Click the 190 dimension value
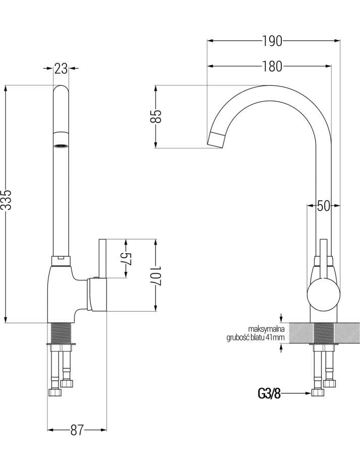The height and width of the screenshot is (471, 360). point(273,41)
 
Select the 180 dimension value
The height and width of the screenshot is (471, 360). point(273,67)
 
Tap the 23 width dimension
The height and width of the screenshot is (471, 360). point(61,69)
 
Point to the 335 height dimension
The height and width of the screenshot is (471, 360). point(7,200)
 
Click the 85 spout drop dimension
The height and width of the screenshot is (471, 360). point(156,116)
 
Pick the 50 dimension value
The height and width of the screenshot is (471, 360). point(323,206)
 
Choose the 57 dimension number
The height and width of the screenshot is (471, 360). point(127,258)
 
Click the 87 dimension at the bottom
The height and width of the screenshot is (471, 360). point(77,431)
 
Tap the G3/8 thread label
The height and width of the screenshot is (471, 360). point(269,393)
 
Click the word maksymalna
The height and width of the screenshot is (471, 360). point(266,329)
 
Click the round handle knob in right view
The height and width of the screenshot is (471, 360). point(324,293)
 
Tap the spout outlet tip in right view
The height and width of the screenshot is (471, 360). point(216,140)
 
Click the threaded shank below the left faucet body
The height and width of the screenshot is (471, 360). point(61,333)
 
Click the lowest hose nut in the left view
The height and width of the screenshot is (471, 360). point(54,392)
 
